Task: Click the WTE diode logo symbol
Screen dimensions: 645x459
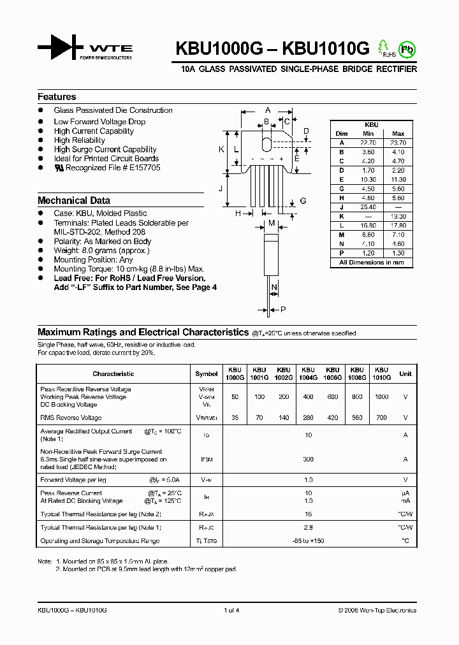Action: tap(60, 48)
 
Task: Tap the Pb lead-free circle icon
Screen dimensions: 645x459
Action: tap(405, 48)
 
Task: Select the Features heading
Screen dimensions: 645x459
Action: tap(57, 97)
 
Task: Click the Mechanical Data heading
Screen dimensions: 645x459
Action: tap(74, 200)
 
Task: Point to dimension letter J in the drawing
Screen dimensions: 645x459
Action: tap(220, 188)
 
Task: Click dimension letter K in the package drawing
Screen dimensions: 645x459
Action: tap(221, 150)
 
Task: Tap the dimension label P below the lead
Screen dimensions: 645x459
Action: tap(283, 310)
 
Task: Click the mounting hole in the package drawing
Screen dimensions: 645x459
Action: tap(267, 141)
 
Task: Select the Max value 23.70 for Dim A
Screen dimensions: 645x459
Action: tap(398, 143)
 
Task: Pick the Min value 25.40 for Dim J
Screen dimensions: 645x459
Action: tap(368, 207)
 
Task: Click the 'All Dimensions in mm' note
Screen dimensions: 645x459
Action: tap(372, 263)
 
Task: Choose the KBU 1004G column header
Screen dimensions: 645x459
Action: tap(308, 373)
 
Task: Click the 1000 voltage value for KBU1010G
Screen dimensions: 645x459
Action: tap(381, 397)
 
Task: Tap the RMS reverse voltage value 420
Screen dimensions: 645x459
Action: tap(333, 418)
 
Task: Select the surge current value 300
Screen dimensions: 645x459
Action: tap(309, 459)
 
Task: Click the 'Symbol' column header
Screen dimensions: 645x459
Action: tap(206, 374)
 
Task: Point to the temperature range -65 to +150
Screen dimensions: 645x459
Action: tap(309, 541)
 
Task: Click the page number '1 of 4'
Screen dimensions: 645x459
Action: tap(231, 611)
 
